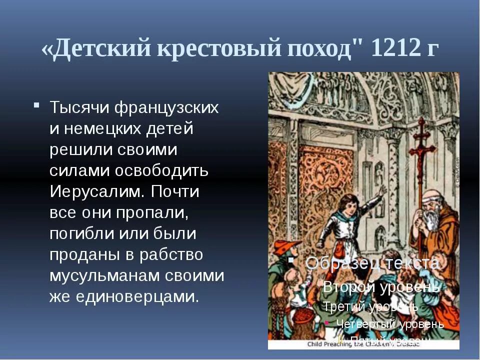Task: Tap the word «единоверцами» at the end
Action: pyautogui.click(x=137, y=297)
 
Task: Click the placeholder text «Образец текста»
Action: pyautogui.click(x=372, y=263)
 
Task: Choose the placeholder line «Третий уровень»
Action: pyautogui.click(x=370, y=306)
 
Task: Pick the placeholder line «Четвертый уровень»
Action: pyautogui.click(x=390, y=323)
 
